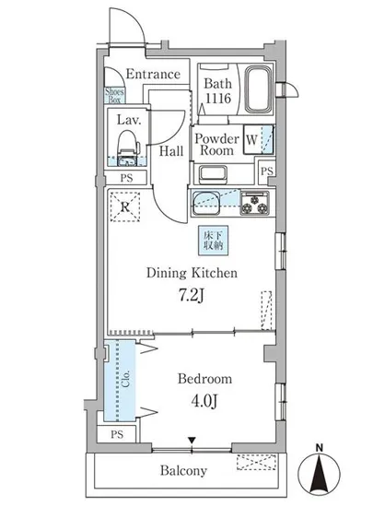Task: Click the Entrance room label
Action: click(x=153, y=74)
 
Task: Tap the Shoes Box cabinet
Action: click(x=114, y=95)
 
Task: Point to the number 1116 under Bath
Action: click(x=218, y=98)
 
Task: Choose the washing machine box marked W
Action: click(x=258, y=140)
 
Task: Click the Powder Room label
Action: click(x=216, y=145)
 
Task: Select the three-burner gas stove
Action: click(x=255, y=203)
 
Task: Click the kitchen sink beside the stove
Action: click(x=206, y=203)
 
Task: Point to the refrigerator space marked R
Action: click(x=125, y=206)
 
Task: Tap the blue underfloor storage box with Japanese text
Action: click(x=213, y=241)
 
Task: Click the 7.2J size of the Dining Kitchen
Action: click(x=192, y=295)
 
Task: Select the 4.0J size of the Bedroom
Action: click(x=204, y=401)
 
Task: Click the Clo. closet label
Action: click(x=125, y=379)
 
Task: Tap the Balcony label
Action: click(x=183, y=470)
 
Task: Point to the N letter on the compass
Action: click(x=319, y=448)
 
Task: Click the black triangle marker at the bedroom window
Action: click(x=192, y=440)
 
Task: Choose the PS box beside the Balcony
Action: click(x=117, y=434)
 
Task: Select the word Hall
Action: click(x=171, y=151)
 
